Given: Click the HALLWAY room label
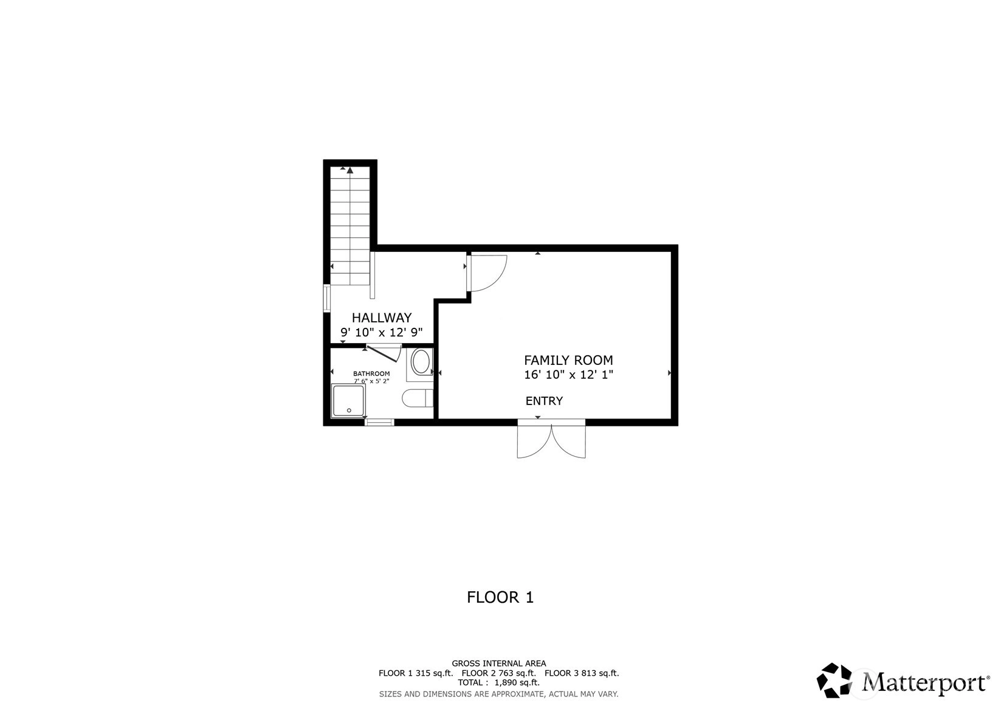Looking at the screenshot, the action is coord(382,318).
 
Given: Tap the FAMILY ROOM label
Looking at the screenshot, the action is coord(568,360).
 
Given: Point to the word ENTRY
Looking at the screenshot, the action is coord(544,401).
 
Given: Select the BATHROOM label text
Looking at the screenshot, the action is coord(371,373).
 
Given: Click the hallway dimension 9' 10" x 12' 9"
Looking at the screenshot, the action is coord(382,333).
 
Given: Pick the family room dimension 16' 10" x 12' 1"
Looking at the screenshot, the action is coord(568,375).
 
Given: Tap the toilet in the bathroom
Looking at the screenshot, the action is coord(418,398).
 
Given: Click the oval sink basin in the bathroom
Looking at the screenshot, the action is coord(421,362).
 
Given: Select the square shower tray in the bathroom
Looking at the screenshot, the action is coord(349,400).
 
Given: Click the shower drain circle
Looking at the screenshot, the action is coord(349,411).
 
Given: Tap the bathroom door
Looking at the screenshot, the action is coord(383,353).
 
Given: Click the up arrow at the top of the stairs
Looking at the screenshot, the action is coord(350,170).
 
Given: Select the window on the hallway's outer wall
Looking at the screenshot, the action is coord(326,298).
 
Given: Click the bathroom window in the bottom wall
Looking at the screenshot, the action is coord(379,422).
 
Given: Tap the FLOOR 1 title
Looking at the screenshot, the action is coord(500,597).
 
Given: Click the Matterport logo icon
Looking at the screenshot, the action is coord(834,680).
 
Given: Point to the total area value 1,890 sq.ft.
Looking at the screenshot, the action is coord(517,682).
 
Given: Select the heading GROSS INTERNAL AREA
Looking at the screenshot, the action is coord(499,664).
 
